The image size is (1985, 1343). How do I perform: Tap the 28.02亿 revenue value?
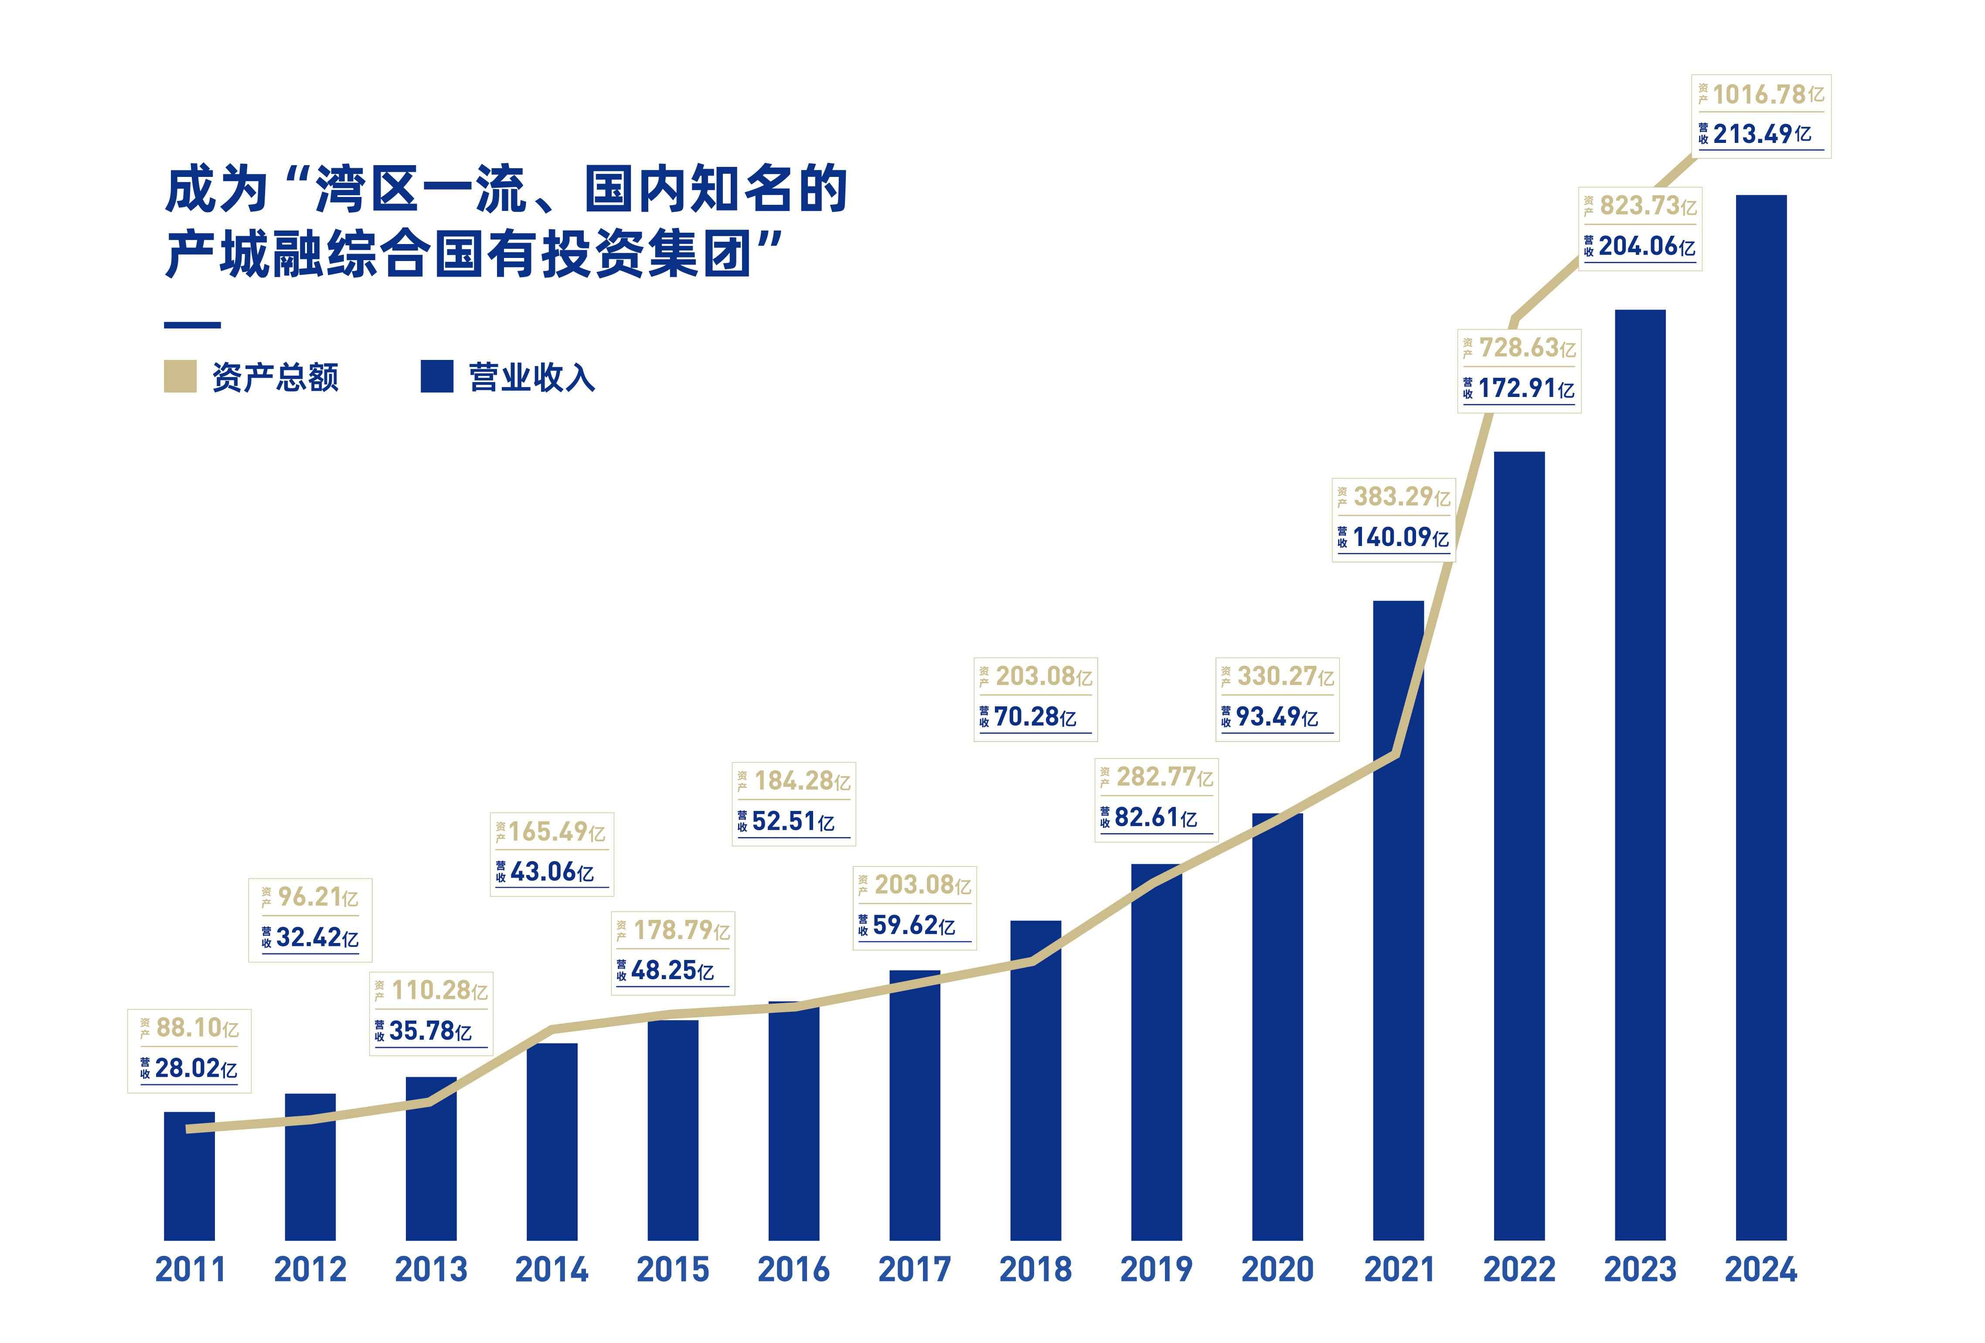[196, 1068]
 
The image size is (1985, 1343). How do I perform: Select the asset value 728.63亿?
[1526, 347]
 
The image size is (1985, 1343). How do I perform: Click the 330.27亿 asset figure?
[1285, 676]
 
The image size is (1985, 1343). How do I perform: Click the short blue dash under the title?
[192, 325]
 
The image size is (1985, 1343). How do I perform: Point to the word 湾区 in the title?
[367, 190]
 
